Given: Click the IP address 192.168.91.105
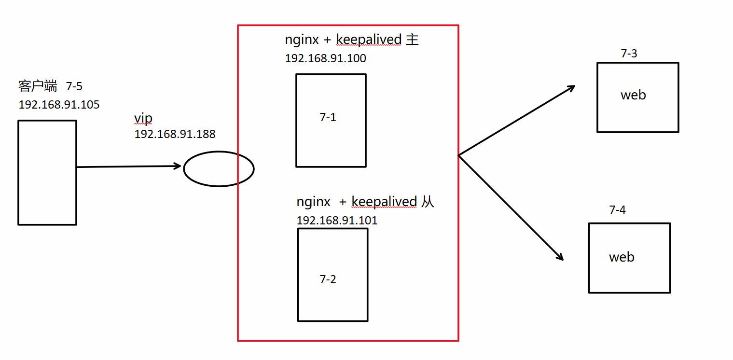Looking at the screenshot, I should tap(59, 105).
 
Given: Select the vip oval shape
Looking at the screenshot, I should tap(219, 168).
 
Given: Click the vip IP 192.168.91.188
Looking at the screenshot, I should tap(175, 134).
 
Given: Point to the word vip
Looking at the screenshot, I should tap(143, 119).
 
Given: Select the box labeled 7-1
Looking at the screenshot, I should tap(331, 120).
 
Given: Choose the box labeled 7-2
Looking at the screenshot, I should tap(332, 274).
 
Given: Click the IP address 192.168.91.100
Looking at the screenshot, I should tap(325, 59).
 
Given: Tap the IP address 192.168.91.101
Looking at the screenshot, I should tap(337, 221).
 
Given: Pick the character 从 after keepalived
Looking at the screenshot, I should tap(428, 202).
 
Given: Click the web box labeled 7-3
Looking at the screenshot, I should tap(637, 97).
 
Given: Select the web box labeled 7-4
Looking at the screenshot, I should tap(629, 258).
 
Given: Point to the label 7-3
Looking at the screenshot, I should tap(629, 54).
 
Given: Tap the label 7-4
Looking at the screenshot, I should tap(618, 210).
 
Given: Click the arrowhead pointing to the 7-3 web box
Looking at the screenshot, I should tap(571, 88).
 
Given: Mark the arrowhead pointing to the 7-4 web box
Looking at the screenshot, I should tap(560, 257).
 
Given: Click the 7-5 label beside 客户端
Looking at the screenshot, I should tap(74, 87).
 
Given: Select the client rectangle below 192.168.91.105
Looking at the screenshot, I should tap(47, 172).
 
